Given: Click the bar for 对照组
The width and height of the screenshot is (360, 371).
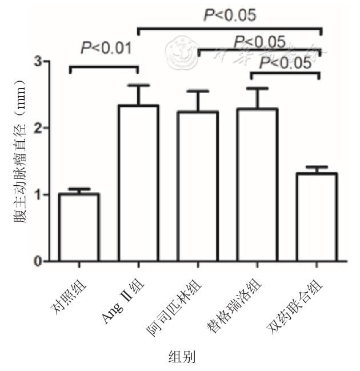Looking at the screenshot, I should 79,228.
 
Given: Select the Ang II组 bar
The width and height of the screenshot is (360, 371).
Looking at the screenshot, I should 138,183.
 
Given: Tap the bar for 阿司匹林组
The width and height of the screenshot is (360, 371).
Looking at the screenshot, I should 198,186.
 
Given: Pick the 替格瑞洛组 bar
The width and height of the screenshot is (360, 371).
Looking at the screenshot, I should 257,185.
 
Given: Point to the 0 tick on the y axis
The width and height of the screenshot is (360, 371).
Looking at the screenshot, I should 38,262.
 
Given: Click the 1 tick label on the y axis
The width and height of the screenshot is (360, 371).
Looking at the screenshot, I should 38,195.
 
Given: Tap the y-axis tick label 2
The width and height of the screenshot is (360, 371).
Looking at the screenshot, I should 38,127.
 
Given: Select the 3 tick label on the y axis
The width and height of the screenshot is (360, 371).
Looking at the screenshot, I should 38,61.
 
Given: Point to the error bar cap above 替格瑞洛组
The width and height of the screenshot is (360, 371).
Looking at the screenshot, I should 257,88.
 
